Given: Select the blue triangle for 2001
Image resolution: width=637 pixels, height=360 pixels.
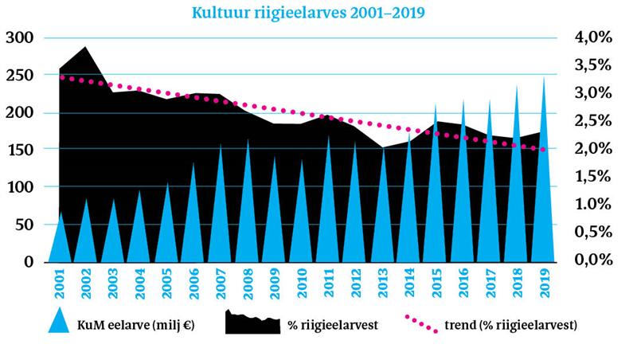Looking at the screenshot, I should [61, 239].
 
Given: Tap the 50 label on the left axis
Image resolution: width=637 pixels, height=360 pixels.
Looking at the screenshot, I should [23, 225].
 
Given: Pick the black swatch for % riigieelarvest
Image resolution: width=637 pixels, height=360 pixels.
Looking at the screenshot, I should [252, 323].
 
